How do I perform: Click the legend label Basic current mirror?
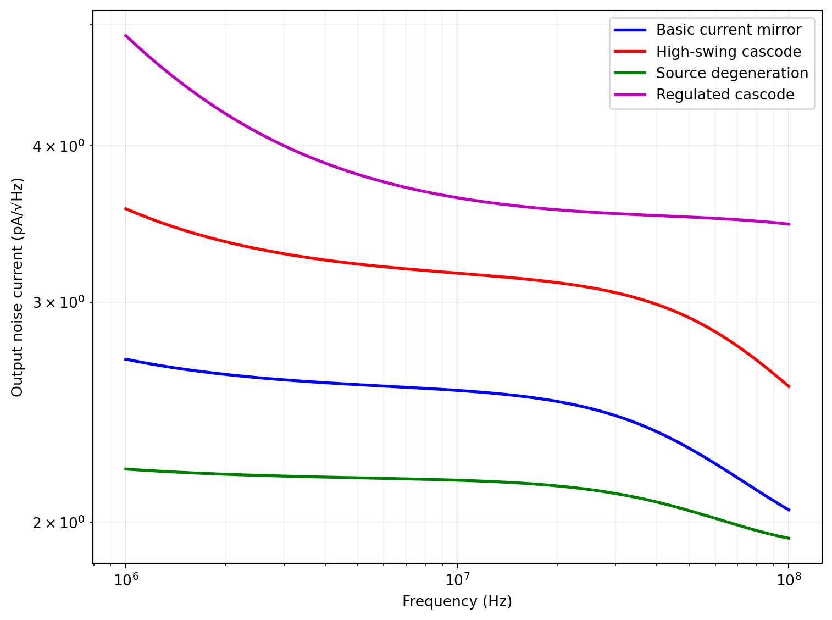[x=728, y=30]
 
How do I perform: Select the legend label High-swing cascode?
[x=728, y=52]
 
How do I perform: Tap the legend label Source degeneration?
[x=732, y=73]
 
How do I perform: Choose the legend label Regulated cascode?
[x=725, y=95]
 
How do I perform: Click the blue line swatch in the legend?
[x=630, y=30]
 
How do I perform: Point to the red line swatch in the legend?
[x=630, y=52]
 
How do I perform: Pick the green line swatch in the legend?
[x=630, y=73]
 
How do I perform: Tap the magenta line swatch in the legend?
[x=630, y=95]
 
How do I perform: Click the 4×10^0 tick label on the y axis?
[x=58, y=147]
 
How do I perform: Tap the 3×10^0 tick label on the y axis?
[x=58, y=303]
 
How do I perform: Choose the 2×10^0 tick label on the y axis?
[x=58, y=523]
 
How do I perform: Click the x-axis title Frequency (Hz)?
[x=457, y=601]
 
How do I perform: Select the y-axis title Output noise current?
[x=18, y=287]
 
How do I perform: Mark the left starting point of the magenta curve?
[x=126, y=35]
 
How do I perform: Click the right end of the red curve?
[x=789, y=387]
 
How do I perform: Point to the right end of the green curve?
[x=789, y=539]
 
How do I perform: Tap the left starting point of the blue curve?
[x=126, y=359]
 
